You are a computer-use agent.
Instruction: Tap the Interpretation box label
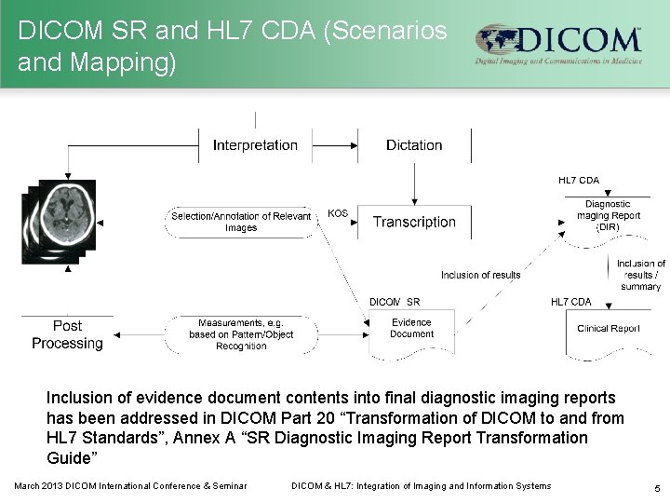(x=255, y=145)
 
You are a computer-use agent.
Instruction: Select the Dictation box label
(x=413, y=145)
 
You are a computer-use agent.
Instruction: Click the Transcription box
(x=414, y=222)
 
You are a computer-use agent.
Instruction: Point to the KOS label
(x=338, y=213)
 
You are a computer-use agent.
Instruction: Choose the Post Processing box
(x=67, y=334)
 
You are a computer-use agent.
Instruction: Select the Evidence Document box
(x=411, y=329)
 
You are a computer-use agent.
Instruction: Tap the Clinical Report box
(x=608, y=329)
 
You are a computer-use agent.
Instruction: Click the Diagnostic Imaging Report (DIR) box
(x=608, y=215)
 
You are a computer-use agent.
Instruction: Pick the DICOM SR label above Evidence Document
(x=395, y=302)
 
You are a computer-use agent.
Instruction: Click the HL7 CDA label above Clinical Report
(x=570, y=302)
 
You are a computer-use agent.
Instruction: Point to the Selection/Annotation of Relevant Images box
(x=240, y=222)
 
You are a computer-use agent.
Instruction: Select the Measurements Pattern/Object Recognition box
(x=240, y=333)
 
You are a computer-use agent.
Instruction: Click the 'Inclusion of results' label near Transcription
(x=480, y=275)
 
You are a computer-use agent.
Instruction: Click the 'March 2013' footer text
(x=40, y=486)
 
